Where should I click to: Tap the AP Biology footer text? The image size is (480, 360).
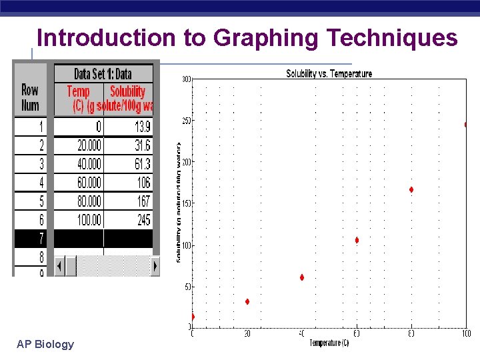pos(46,344)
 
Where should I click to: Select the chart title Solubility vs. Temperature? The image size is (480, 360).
pos(329,73)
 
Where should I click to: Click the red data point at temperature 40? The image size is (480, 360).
pos(302,277)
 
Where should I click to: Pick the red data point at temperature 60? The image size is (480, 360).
pos(357,240)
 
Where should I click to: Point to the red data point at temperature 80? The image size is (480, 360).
pos(411,190)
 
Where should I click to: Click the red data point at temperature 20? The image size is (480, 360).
pos(247,302)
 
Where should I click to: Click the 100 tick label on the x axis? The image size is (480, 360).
pos(466,333)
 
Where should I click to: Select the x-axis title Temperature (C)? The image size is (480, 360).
pos(329,343)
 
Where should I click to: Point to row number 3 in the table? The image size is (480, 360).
pos(41,164)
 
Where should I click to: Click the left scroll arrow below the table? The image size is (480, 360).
pos(59,266)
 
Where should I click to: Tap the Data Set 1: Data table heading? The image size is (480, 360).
pos(103,73)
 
